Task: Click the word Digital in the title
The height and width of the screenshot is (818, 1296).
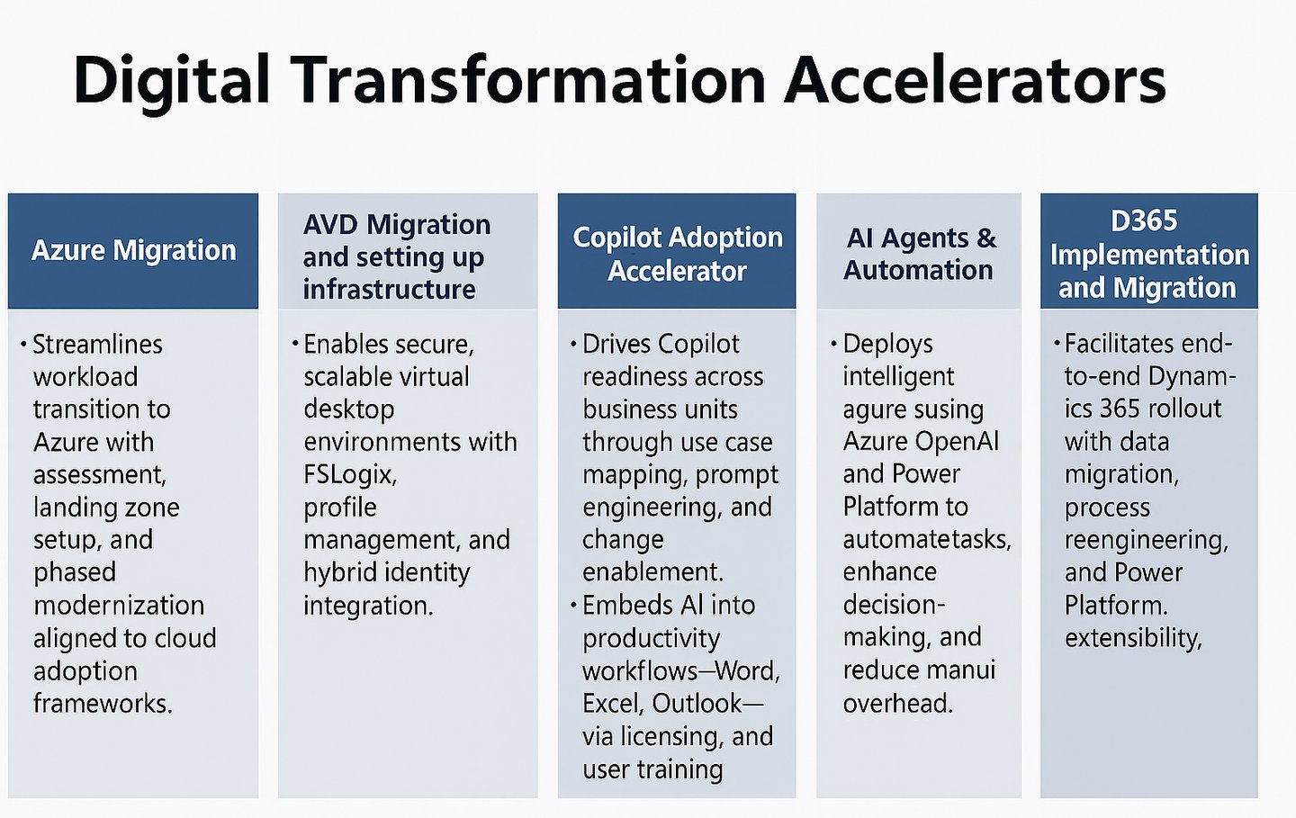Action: pyautogui.click(x=171, y=81)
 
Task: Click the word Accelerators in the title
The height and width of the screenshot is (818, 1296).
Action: pyautogui.click(x=975, y=80)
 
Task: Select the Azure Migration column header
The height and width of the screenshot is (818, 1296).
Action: pyautogui.click(x=133, y=250)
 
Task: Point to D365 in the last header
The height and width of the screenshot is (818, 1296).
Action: pyautogui.click(x=1144, y=220)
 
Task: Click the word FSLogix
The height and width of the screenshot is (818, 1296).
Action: pyautogui.click(x=350, y=475)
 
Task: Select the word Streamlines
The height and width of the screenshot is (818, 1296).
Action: pyautogui.click(x=97, y=344)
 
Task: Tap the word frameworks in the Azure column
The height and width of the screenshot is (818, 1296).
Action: pyautogui.click(x=102, y=704)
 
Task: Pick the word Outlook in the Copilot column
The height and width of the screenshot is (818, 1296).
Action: pyautogui.click(x=697, y=704)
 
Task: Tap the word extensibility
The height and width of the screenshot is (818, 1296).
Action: pyautogui.click(x=1133, y=638)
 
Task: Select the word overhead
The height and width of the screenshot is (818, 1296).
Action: pyautogui.click(x=897, y=704)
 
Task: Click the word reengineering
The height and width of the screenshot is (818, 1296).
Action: pyautogui.click(x=1147, y=540)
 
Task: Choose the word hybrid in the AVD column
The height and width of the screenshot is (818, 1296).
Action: pyautogui.click(x=339, y=572)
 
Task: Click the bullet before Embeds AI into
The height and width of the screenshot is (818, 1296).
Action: pyautogui.click(x=573, y=605)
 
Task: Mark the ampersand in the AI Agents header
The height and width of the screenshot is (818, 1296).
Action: pyautogui.click(x=986, y=238)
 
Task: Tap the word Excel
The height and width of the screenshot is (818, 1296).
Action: pyautogui.click(x=613, y=704)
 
